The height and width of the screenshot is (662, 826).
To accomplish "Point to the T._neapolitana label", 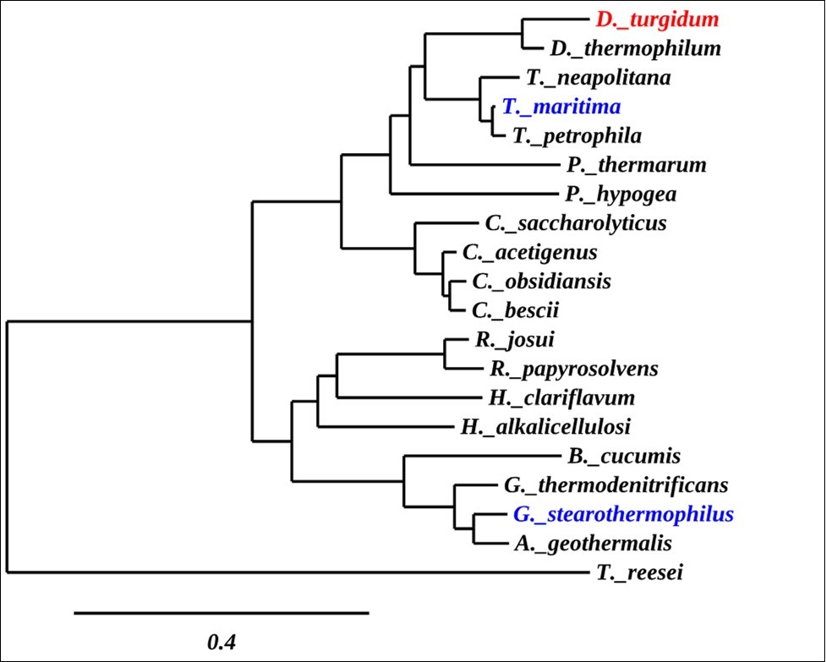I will (598, 78).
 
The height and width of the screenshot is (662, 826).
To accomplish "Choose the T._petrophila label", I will (577, 135).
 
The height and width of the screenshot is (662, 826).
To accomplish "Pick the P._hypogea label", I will (621, 194).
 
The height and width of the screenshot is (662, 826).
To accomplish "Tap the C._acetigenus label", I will (530, 252).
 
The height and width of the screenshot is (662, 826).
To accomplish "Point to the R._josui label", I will (500, 340).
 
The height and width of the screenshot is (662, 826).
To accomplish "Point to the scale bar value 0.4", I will (222, 642).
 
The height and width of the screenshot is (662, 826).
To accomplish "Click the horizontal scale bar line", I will (222, 611).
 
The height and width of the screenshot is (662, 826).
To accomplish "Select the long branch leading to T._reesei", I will (296, 572).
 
